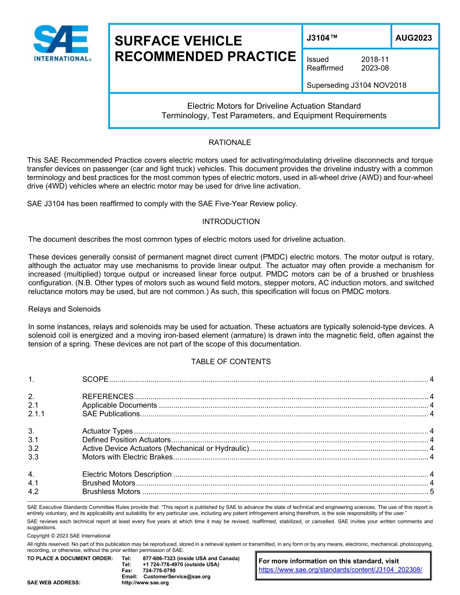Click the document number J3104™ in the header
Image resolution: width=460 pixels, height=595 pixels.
click(x=322, y=38)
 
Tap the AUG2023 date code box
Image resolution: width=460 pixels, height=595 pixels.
click(x=414, y=38)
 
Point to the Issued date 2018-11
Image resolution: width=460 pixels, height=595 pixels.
click(x=375, y=59)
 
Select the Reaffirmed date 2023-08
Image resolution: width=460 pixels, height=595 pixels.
click(x=375, y=68)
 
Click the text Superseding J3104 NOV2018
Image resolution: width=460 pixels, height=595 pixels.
click(x=356, y=86)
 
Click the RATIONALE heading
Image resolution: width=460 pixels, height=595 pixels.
click(x=230, y=143)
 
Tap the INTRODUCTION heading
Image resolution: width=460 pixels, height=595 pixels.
click(x=230, y=222)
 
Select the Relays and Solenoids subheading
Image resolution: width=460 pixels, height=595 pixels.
click(x=64, y=309)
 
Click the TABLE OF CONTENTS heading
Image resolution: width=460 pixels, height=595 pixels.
click(x=230, y=362)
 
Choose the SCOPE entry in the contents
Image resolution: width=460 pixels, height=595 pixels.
click(x=95, y=379)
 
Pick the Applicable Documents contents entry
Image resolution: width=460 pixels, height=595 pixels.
click(x=119, y=405)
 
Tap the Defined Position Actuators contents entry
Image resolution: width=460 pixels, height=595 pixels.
click(x=126, y=440)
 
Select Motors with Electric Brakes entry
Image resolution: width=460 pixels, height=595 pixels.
click(x=127, y=457)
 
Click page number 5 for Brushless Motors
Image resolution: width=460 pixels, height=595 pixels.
click(x=431, y=492)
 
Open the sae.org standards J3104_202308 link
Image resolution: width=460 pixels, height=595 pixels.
click(x=340, y=570)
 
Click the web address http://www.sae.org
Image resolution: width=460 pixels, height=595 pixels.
click(x=145, y=583)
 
